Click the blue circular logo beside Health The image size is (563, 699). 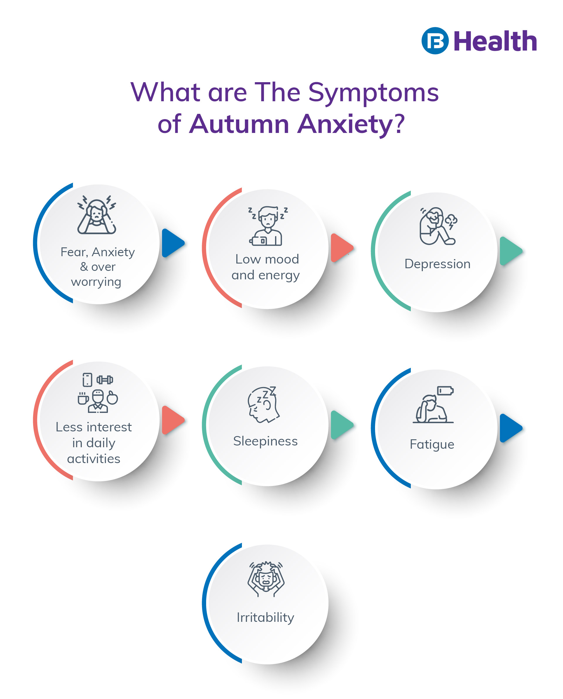pyautogui.click(x=435, y=40)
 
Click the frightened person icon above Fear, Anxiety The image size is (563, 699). pyautogui.click(x=97, y=215)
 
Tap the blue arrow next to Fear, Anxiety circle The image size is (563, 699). pyautogui.click(x=172, y=243)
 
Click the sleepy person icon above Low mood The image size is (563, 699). pyautogui.click(x=267, y=226)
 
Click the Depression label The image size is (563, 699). pyautogui.click(x=437, y=264)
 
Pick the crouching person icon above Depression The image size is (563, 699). pyautogui.click(x=437, y=226)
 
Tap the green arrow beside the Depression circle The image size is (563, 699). pyautogui.click(x=510, y=251)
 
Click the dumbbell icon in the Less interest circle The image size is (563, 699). pyautogui.click(x=105, y=379)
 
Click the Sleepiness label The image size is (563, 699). pyautogui.click(x=265, y=441)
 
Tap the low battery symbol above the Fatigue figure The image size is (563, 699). pyautogui.click(x=445, y=390)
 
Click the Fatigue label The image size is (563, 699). pyautogui.click(x=432, y=444)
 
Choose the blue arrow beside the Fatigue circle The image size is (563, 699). pyautogui.click(x=510, y=428)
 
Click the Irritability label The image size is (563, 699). pyautogui.click(x=265, y=617)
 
